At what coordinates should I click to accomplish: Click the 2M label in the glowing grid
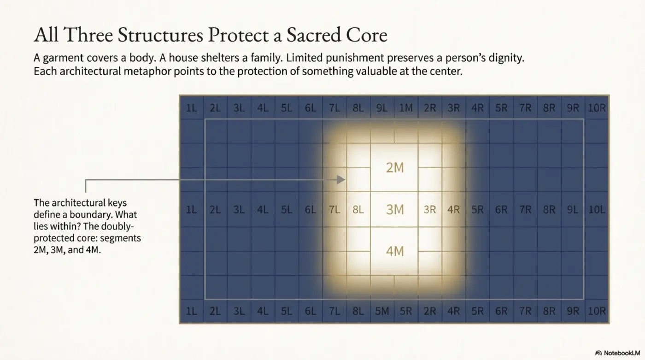(395, 168)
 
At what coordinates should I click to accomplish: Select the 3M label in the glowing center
(395, 210)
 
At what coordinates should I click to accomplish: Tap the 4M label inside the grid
(395, 251)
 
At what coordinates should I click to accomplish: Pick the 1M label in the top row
(406, 108)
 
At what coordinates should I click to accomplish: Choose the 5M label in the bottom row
(382, 311)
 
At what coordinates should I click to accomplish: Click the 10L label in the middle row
(597, 210)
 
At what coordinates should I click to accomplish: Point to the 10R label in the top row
(597, 108)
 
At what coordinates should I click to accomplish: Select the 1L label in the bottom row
(191, 311)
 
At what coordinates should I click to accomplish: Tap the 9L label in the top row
(382, 108)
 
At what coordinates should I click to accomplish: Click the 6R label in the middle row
(501, 210)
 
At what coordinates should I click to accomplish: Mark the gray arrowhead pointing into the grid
(341, 179)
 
